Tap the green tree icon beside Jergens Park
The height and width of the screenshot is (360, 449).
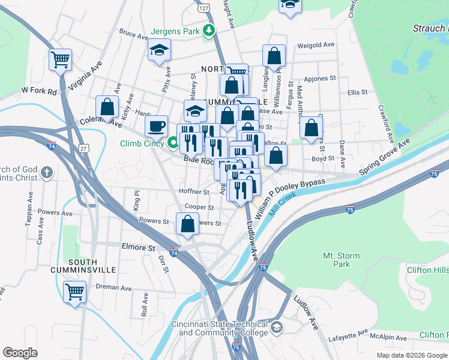pyautogui.click(x=208, y=30)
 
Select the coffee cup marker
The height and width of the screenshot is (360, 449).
pyautogui.click(x=157, y=125)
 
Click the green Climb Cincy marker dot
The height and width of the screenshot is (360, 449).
pyautogui.click(x=173, y=143)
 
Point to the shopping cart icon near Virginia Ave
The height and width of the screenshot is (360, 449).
pyautogui.click(x=60, y=59)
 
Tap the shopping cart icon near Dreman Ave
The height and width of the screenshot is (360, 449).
pyautogui.click(x=75, y=292)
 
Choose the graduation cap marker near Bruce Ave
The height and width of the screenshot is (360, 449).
pyautogui.click(x=160, y=49)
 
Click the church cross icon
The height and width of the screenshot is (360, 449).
pyautogui.click(x=47, y=173)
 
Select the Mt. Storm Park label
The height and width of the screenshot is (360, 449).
pyautogui.click(x=341, y=260)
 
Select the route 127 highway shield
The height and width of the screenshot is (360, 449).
pyautogui.click(x=205, y=8)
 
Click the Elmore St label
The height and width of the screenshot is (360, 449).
pyautogui.click(x=139, y=247)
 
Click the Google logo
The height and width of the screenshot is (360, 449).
pyautogui.click(x=20, y=352)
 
